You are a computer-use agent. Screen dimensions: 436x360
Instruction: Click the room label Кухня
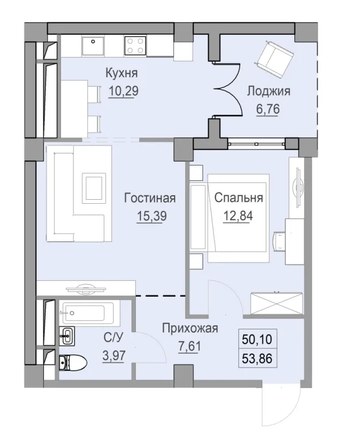tap(121, 74)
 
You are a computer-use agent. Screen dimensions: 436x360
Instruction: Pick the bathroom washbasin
tap(67, 336)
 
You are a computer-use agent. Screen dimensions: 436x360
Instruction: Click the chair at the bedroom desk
tap(280, 240)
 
